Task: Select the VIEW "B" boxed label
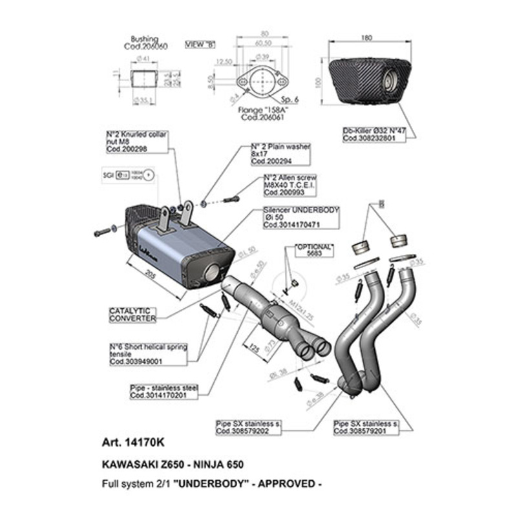click(200, 44)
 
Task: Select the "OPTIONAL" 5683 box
click(314, 250)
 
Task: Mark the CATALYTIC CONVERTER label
click(132, 315)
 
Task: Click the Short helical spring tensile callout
click(148, 355)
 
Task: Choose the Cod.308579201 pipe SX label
click(364, 426)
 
